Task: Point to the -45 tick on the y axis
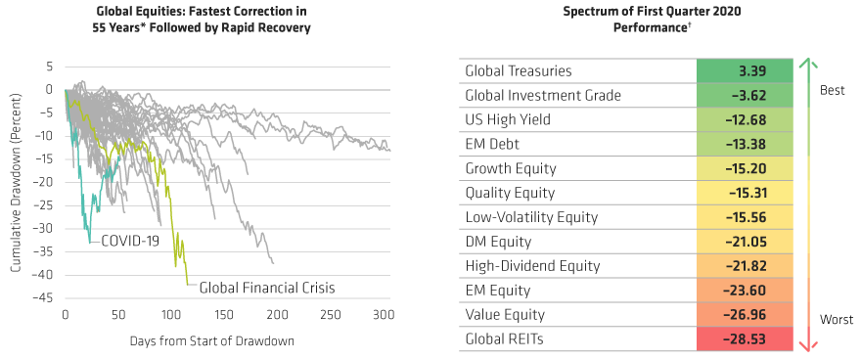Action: (45, 298)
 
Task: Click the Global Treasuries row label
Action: (519, 71)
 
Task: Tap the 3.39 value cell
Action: (745, 71)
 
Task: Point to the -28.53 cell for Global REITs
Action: (745, 338)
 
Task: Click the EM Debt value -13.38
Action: (745, 144)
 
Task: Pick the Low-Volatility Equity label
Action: (531, 217)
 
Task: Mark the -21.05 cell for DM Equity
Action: (745, 242)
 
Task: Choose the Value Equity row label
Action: (506, 314)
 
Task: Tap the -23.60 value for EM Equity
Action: (745, 291)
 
